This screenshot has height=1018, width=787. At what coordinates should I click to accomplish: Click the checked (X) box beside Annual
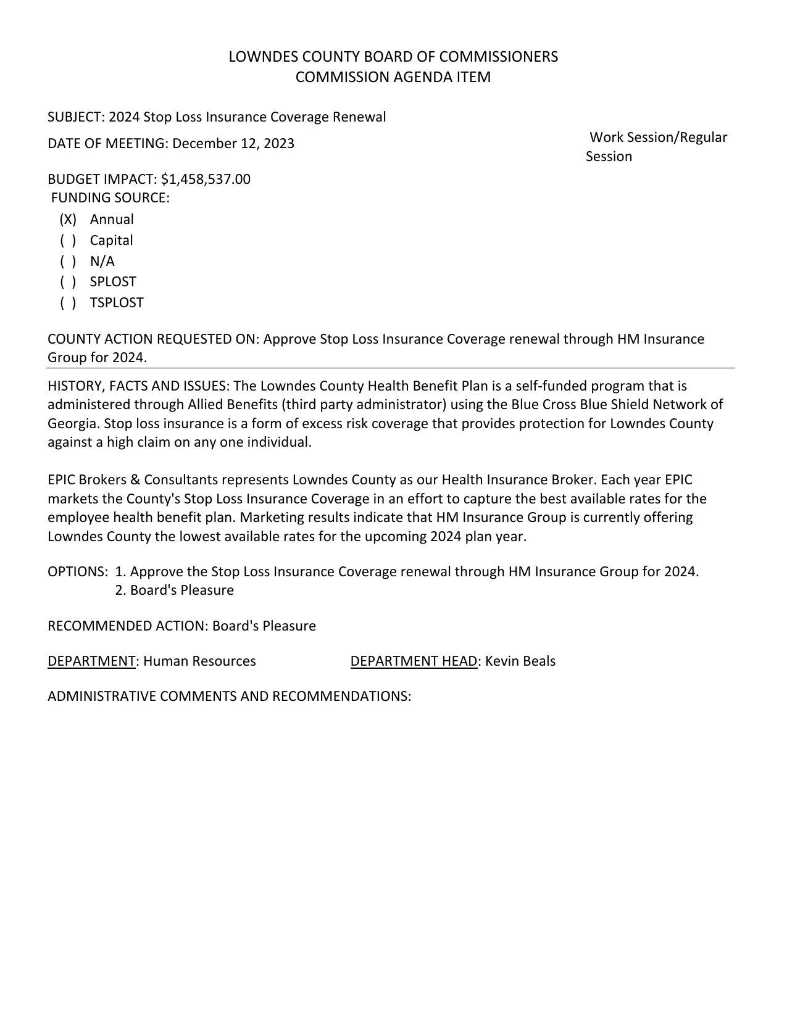[68, 220]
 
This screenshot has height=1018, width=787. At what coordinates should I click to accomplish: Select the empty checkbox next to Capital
[68, 241]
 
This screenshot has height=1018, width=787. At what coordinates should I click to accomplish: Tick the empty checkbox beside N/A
[68, 262]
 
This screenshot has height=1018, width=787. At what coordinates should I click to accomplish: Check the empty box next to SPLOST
[68, 282]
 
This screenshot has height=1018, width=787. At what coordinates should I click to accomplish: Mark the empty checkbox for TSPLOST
[68, 303]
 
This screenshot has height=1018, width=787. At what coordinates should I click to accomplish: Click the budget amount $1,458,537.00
[206, 180]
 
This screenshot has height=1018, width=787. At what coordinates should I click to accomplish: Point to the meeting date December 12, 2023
[233, 144]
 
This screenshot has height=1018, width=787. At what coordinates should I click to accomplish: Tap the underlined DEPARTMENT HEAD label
[414, 661]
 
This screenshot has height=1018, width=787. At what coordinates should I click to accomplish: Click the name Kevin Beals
[520, 661]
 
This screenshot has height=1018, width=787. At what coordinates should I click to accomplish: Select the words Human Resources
[199, 661]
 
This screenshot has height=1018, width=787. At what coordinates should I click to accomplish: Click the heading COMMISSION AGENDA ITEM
[393, 77]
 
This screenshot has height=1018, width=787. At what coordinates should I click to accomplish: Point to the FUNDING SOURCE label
[110, 198]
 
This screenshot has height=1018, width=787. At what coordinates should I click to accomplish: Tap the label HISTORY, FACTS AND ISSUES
[138, 386]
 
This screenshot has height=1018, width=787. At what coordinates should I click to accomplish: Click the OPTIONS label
[77, 572]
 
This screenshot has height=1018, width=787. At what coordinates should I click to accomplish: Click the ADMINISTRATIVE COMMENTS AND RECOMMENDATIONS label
[229, 697]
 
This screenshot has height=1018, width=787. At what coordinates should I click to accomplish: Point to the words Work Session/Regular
[658, 138]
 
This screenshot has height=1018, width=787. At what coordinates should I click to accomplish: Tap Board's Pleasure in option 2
[181, 590]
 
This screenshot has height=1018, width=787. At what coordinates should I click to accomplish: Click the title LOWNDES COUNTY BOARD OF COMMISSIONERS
[393, 57]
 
